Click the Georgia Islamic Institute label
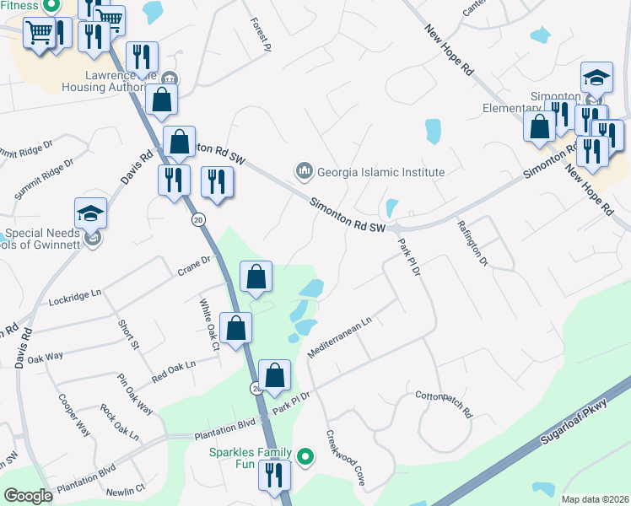[x=380, y=172]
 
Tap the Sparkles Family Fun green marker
[x=306, y=458]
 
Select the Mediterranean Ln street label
[x=339, y=337]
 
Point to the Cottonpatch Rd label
[x=443, y=404]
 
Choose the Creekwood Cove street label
[x=345, y=459]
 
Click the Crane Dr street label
[x=193, y=265]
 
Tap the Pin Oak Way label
[x=135, y=394]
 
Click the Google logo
[x=28, y=496]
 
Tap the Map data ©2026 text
[x=594, y=498]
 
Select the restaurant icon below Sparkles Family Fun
[x=273, y=475]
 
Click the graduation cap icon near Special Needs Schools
[x=90, y=212]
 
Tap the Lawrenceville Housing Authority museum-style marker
[x=169, y=79]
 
